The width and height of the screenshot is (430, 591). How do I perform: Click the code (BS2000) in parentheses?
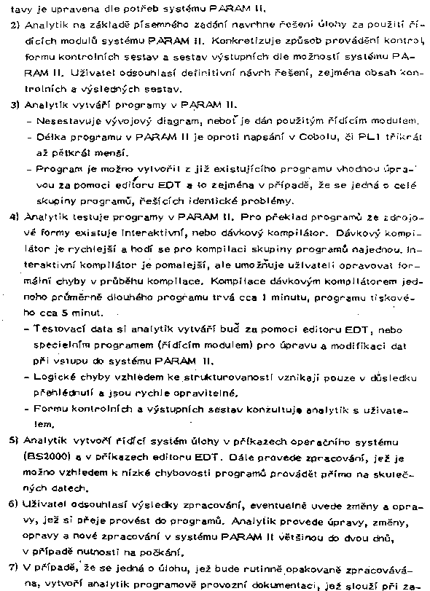(46, 459)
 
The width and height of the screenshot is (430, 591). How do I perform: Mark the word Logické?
(56, 377)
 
